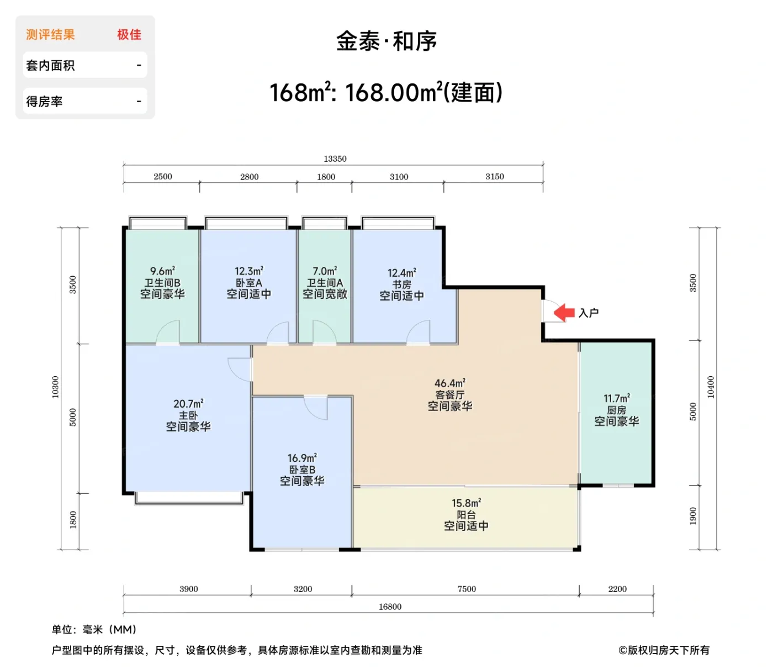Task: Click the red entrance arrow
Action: (564, 313)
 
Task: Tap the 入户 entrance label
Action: (589, 313)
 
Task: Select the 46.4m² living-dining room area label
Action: (449, 383)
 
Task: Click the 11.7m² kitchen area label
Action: (616, 398)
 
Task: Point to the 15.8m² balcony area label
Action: (466, 503)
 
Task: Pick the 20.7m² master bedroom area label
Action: (188, 404)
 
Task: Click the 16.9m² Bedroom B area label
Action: (302, 458)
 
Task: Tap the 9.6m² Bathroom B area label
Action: (162, 271)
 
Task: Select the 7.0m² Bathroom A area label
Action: (325, 271)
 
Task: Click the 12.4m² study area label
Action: (401, 273)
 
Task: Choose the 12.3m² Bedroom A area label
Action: (248, 271)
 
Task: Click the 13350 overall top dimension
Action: (335, 159)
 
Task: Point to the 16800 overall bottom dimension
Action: (390, 607)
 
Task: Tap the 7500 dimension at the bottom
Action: (467, 589)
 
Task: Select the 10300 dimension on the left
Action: (55, 387)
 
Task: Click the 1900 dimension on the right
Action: (693, 516)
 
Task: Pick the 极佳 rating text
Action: (129, 35)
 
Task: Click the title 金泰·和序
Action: (386, 41)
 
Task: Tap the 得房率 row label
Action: (44, 102)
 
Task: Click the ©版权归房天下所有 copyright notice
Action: (664, 650)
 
